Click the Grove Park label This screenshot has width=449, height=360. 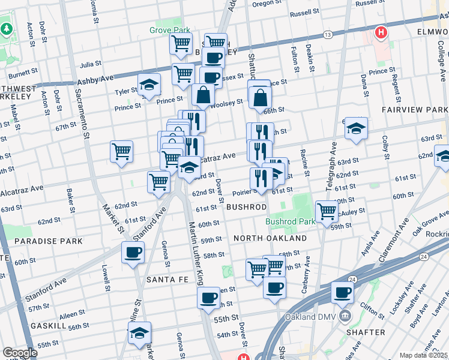point(170,30)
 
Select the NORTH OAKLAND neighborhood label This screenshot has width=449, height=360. point(270,238)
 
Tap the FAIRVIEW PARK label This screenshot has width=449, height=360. point(415,110)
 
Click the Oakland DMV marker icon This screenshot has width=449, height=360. point(345,316)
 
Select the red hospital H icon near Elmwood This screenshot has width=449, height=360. point(380,32)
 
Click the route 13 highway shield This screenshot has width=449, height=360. point(327,35)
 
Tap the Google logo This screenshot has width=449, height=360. point(20,353)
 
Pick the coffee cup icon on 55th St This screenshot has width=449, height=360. point(209,298)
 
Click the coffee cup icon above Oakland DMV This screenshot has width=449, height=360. point(343,293)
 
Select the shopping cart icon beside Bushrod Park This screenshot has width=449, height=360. point(327,211)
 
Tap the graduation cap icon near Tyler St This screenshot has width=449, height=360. point(149,85)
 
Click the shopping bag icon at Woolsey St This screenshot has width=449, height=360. point(203,95)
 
